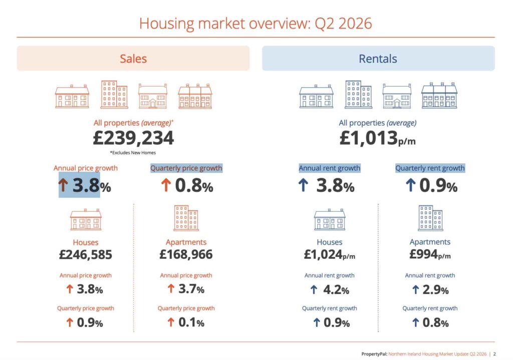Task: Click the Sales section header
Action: coord(133,59)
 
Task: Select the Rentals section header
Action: coord(378,59)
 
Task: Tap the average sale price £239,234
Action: coord(133,138)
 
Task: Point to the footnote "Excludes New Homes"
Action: coord(133,153)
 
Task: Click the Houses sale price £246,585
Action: coord(85,254)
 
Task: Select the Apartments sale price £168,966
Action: coord(186,254)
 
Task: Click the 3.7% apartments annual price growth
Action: coord(191,289)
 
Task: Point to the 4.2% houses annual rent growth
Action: coord(336,290)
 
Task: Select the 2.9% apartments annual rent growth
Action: coord(435,290)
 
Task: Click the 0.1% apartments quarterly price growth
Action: coord(191,323)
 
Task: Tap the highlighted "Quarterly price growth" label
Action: coord(186,168)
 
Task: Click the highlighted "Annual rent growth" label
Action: coord(330,168)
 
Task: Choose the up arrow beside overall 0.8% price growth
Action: coord(166,185)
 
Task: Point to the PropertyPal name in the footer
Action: coord(374,354)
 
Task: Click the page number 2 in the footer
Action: coord(494,354)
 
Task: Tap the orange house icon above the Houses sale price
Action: coord(86,219)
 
